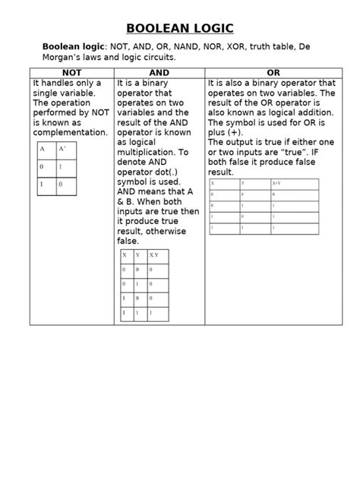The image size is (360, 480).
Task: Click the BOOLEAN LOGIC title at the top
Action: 179,29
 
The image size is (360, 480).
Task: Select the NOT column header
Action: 71,72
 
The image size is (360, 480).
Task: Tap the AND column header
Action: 159,72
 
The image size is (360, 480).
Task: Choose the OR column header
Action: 274,72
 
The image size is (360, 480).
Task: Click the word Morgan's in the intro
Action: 65,58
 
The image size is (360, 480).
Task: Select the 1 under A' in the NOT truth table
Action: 62,167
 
